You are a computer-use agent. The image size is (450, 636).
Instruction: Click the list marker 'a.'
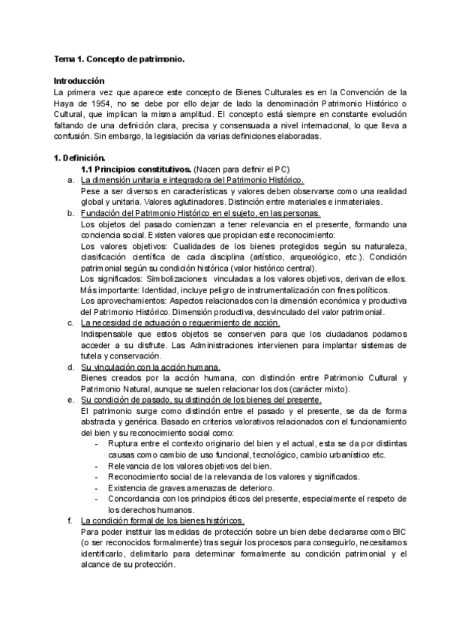click(x=70, y=181)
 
